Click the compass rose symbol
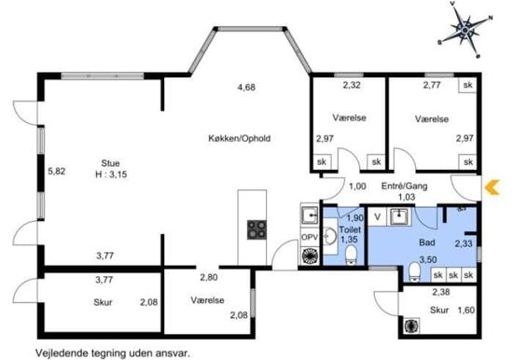pos(464,30)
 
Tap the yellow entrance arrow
pos(492,187)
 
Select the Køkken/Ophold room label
pos(240,138)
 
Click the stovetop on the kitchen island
pos(256,229)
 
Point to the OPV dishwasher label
pos(310,237)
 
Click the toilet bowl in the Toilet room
pos(351,255)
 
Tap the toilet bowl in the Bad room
pos(414,271)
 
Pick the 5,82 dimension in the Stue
pos(57,172)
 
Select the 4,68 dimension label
pos(246,88)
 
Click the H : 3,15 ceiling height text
pos(111,174)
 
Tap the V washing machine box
pos(378,216)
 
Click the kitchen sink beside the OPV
pos(310,215)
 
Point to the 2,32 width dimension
pos(352,85)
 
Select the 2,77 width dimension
pos(432,85)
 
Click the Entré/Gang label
pos(405,187)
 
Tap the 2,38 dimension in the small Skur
pos(441,292)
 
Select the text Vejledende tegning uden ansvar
pos(113,353)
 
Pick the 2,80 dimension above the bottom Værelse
pos(209,277)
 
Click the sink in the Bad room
pos(398,216)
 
